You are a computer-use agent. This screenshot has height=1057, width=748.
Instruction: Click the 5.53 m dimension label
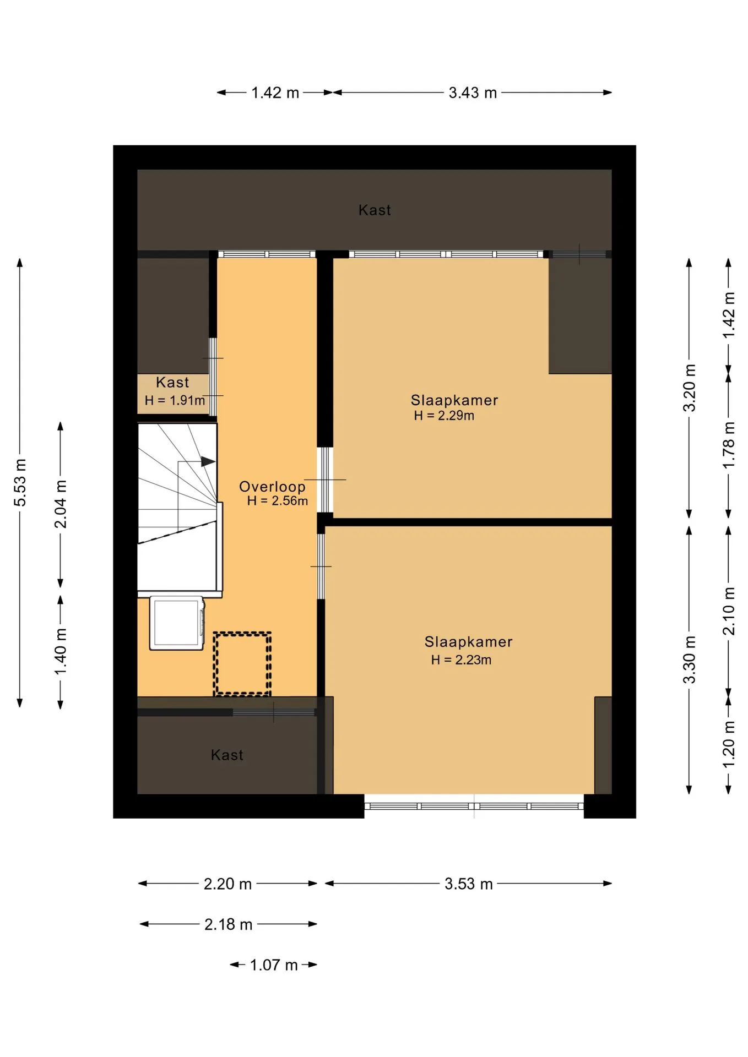(20, 482)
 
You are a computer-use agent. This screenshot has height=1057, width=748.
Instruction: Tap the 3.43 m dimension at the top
(473, 92)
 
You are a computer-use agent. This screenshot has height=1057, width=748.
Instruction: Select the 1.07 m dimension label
(274, 965)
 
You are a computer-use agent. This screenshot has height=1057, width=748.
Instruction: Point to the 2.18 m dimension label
(228, 924)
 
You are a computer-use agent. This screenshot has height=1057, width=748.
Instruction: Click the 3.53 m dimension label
(469, 884)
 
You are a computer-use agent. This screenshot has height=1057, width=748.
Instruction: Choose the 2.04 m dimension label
(61, 504)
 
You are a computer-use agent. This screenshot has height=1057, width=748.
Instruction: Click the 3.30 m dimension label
(689, 660)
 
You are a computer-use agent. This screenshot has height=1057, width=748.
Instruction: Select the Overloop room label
(272, 487)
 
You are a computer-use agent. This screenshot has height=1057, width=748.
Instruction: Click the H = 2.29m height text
(444, 416)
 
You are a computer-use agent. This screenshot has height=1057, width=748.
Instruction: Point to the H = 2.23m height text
(461, 660)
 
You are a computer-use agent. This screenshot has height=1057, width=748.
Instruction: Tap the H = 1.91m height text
(175, 400)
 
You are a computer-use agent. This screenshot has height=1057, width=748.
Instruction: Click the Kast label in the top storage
(375, 210)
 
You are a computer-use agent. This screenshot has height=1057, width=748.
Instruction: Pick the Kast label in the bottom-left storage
(227, 755)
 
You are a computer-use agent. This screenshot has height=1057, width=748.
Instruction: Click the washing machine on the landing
(177, 623)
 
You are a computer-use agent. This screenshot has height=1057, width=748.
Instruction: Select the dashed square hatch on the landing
(242, 664)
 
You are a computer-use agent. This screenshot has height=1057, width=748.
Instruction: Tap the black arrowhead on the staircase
(208, 461)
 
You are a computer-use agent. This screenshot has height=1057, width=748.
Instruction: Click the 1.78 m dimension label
(729, 445)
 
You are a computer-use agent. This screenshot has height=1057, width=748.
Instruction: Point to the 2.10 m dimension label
(729, 611)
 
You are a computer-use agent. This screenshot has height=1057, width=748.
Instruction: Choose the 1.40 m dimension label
(61, 651)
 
